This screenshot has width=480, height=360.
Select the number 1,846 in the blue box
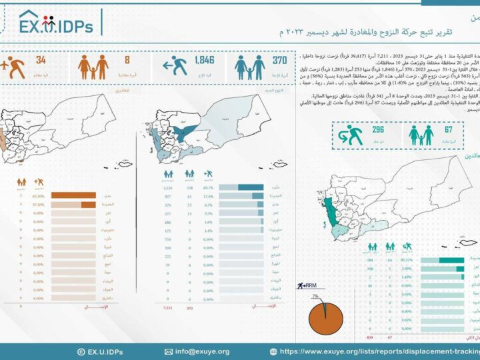203,61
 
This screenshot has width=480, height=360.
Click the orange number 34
41,61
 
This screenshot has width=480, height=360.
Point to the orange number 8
127,61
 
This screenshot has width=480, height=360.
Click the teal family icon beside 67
421,135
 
